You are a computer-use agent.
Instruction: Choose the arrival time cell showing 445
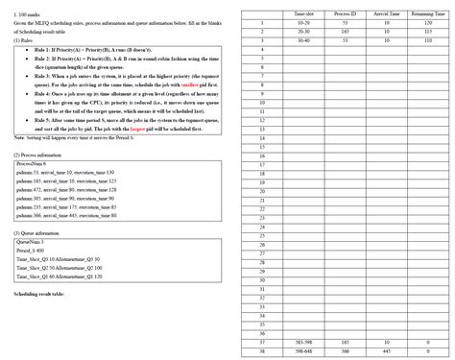pyautogui.click(x=387, y=350)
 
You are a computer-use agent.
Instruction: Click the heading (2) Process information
pyautogui.click(x=37, y=155)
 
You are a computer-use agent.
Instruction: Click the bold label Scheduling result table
pyautogui.click(x=39, y=294)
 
